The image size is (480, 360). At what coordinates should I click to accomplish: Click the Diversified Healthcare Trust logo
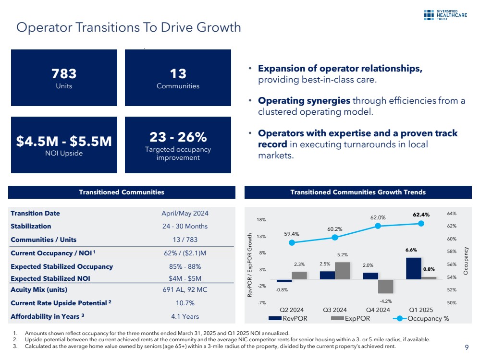click(x=445, y=14)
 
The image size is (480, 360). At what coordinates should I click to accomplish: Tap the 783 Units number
click(x=64, y=74)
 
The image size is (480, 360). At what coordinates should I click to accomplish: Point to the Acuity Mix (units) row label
click(x=39, y=289)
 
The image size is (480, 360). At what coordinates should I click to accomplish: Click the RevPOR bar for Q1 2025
click(x=414, y=268)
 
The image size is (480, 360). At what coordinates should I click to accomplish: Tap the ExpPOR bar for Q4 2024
click(x=386, y=287)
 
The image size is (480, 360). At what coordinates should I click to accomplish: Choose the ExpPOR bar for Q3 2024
click(x=343, y=270)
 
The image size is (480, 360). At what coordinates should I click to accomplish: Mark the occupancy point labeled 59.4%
click(x=292, y=242)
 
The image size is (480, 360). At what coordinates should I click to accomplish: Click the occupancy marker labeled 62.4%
click(x=421, y=223)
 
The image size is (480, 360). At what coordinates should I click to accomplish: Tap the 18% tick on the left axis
click(x=261, y=220)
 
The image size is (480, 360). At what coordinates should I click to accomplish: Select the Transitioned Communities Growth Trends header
click(x=358, y=192)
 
